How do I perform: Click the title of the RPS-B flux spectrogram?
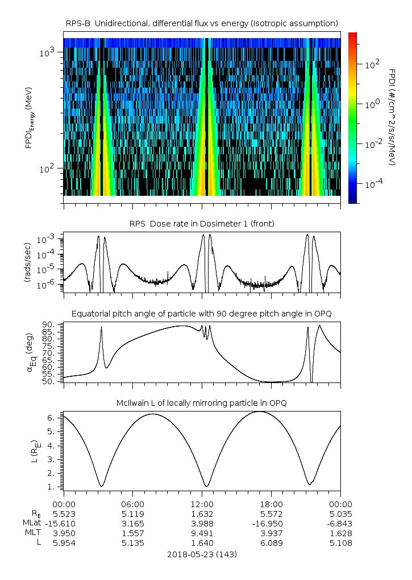pyautogui.click(x=202, y=23)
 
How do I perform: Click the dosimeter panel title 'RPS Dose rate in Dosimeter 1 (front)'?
pyautogui.click(x=202, y=224)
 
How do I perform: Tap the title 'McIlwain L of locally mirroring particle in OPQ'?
pyautogui.click(x=202, y=403)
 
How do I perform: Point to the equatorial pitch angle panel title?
pyautogui.click(x=202, y=314)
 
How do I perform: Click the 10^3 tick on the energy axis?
pyautogui.click(x=46, y=53)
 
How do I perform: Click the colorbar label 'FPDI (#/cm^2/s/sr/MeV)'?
pyautogui.click(x=392, y=117)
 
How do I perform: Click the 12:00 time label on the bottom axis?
pyautogui.click(x=202, y=504)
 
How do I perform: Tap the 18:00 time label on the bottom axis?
pyautogui.click(x=272, y=504)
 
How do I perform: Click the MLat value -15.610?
pyautogui.click(x=64, y=523)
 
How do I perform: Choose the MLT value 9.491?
pyautogui.click(x=202, y=533)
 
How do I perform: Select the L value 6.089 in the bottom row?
pyautogui.click(x=272, y=543)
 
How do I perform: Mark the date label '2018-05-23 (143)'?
pyautogui.click(x=202, y=554)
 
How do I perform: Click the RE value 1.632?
pyautogui.click(x=202, y=513)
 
